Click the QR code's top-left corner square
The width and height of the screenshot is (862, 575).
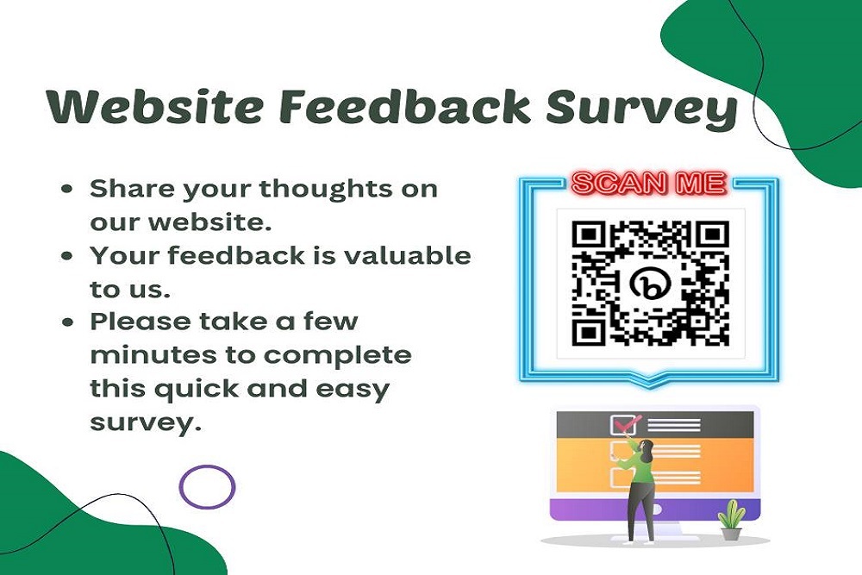(589, 234)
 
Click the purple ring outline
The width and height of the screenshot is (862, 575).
(207, 486)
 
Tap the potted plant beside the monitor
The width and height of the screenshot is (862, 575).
(733, 520)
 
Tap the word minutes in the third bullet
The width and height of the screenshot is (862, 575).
(142, 355)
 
